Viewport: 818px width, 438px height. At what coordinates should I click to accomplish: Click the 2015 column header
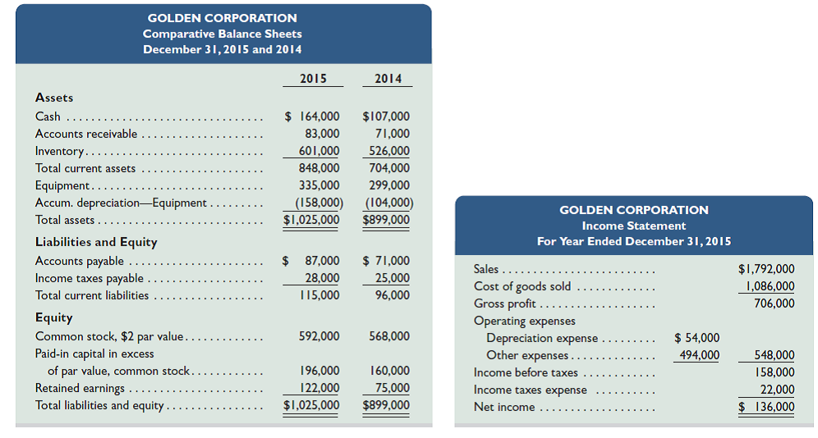tap(312, 79)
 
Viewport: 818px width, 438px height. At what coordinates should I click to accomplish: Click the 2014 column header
tap(388, 79)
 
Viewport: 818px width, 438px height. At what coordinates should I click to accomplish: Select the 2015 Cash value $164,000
tap(312, 116)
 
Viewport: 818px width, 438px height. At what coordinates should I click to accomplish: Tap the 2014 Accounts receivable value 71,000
tap(392, 134)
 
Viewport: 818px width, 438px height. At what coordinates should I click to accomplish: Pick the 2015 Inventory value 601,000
tap(317, 151)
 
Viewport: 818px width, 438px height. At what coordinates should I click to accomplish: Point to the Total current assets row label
tap(85, 168)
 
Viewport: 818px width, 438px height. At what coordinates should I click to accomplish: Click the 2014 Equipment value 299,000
tap(389, 185)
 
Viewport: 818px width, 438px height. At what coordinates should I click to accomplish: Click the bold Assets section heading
tap(54, 98)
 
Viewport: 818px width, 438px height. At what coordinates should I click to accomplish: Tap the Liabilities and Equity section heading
tap(96, 242)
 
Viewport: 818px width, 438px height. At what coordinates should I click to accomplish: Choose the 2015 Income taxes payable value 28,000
tap(322, 278)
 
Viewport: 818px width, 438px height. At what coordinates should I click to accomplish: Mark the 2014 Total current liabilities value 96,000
tap(392, 295)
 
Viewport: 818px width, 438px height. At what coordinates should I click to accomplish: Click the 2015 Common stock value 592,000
tap(319, 336)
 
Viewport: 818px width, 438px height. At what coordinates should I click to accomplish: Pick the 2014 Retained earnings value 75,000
tap(392, 388)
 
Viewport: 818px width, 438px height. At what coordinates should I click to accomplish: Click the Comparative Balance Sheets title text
tap(223, 34)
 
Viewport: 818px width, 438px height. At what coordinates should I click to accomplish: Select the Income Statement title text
tap(633, 226)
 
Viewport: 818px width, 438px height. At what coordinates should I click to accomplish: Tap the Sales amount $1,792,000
tap(766, 269)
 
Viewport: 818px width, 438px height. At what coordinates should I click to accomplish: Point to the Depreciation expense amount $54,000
tap(696, 338)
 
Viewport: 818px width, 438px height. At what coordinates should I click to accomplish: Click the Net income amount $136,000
tap(766, 407)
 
